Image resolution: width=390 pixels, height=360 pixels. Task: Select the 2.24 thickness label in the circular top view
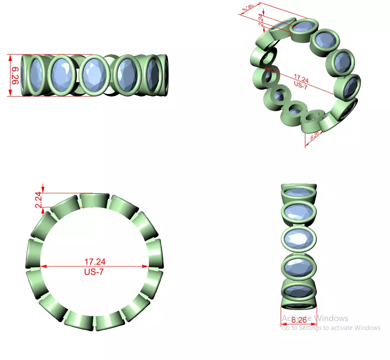(38, 200)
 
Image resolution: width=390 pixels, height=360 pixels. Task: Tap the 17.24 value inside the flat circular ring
(95, 262)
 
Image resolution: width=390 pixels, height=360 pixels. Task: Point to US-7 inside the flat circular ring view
(94, 272)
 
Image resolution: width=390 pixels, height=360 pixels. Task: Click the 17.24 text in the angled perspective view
(301, 78)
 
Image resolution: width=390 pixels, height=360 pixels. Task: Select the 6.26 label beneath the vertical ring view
(299, 320)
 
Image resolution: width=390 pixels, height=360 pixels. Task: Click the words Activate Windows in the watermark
(315, 318)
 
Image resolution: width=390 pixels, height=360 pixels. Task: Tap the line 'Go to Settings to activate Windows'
(331, 328)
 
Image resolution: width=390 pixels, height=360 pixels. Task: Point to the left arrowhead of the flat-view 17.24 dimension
(42, 266)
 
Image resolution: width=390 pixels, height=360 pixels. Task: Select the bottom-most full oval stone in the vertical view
(299, 292)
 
